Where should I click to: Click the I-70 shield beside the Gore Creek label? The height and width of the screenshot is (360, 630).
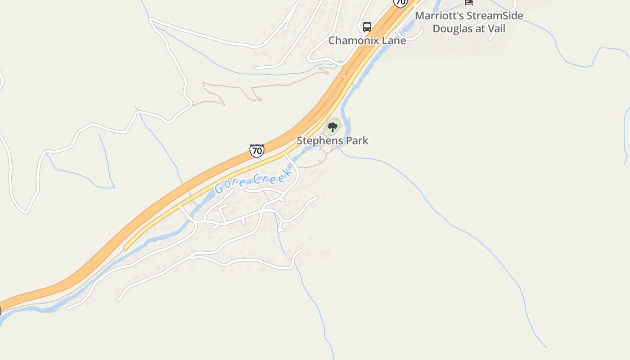[256, 150]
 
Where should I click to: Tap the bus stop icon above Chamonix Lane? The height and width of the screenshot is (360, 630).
[367, 27]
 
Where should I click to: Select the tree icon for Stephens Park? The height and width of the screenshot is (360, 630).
[333, 127]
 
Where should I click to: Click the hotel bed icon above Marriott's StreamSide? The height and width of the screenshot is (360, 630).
[469, 2]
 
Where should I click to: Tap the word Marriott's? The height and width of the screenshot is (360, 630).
[439, 16]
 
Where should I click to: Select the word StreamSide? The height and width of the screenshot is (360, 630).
[495, 16]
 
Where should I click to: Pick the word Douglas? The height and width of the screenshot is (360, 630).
[451, 29]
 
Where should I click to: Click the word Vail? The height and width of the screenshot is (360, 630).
[496, 29]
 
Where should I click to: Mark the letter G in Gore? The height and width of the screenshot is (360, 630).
[220, 188]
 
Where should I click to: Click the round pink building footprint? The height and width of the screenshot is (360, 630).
[325, 254]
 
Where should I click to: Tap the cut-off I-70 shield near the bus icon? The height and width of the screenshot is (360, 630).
[400, 3]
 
